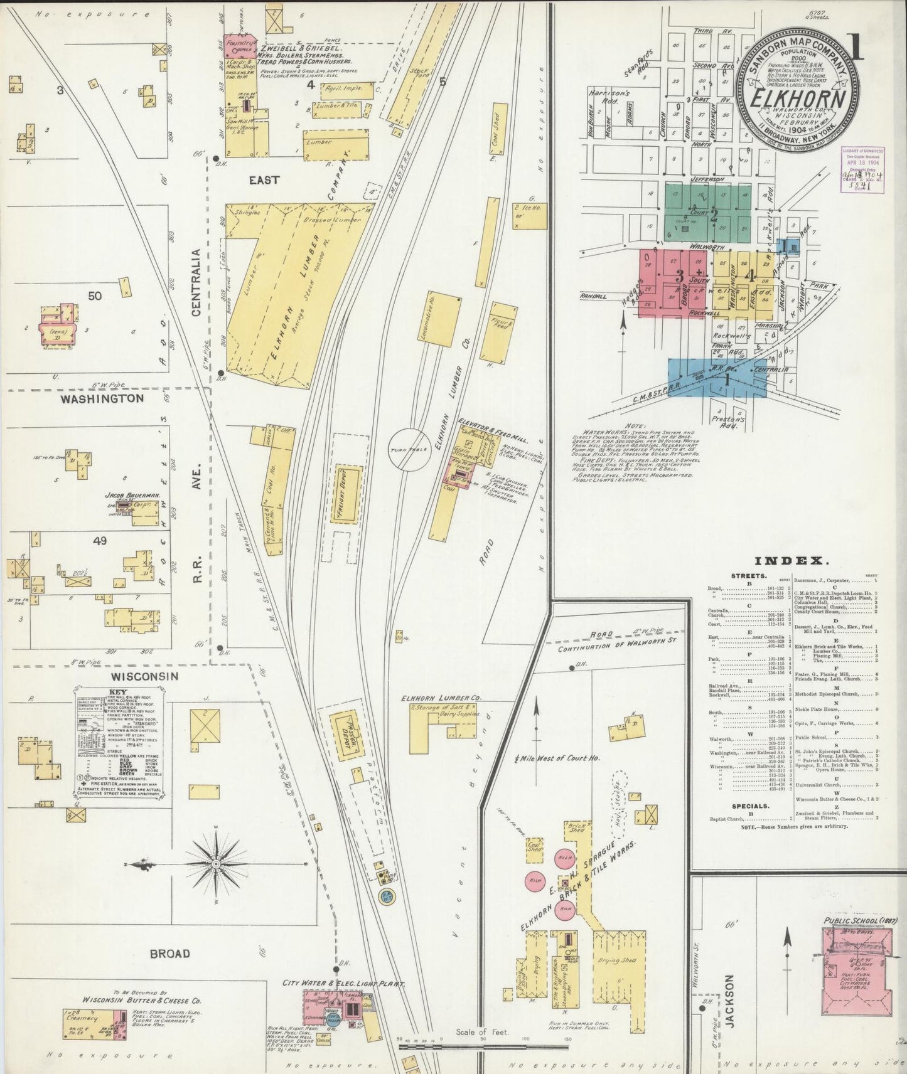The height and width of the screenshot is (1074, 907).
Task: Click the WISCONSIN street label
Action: tap(145, 676)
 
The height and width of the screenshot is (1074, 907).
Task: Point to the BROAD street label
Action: tap(169, 954)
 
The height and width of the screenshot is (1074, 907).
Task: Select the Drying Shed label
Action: tap(617, 960)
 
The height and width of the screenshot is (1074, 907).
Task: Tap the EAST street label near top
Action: tap(264, 180)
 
